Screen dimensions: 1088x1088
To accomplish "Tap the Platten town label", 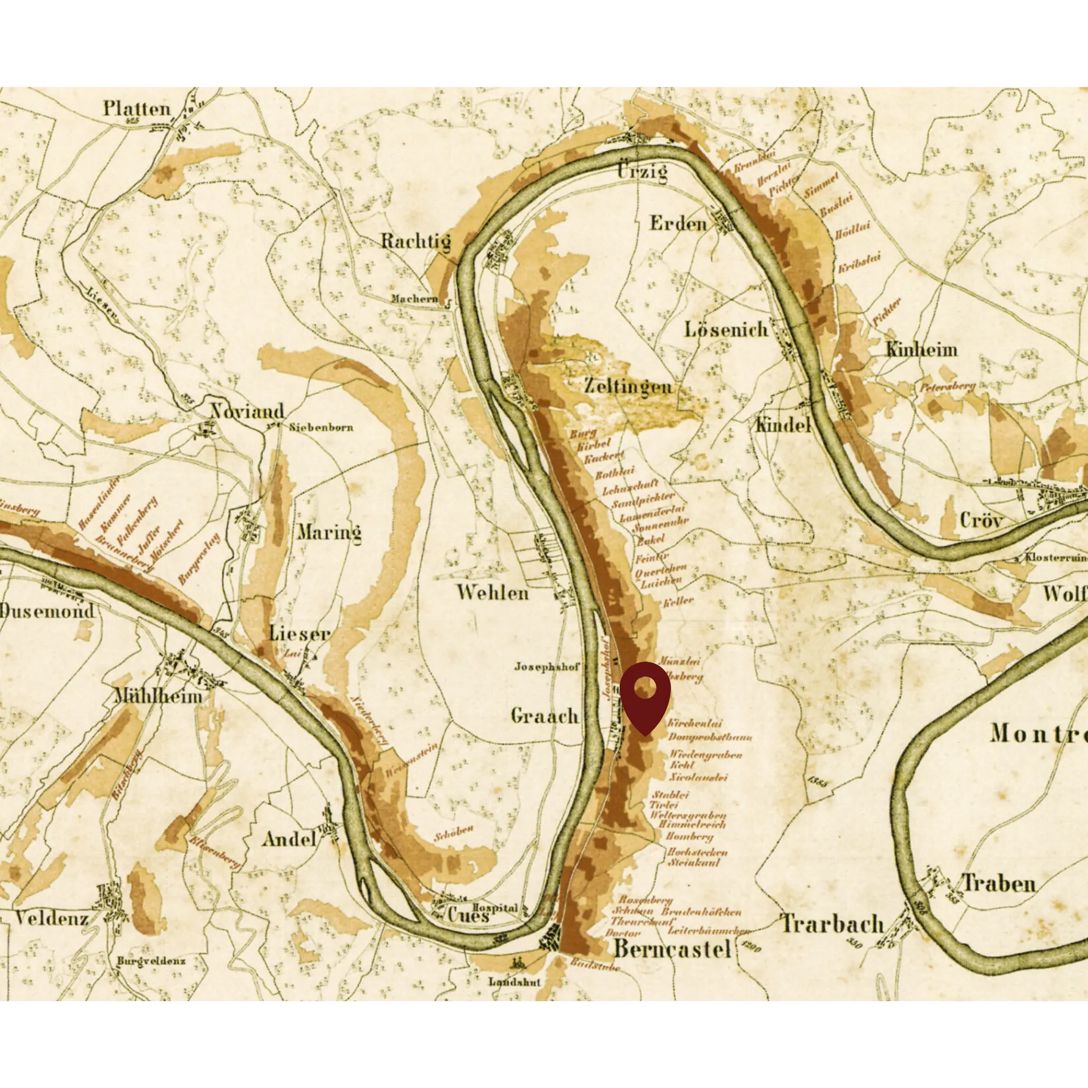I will [x=137, y=109].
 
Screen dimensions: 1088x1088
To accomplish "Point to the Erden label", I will [x=678, y=224].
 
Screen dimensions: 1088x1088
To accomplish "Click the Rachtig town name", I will [x=416, y=241].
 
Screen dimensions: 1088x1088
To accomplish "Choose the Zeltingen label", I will [x=627, y=386].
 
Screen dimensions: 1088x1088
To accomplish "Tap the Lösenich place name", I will [x=726, y=329].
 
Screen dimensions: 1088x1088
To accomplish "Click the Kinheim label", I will [x=921, y=350].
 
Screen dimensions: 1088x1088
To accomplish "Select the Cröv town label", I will [x=981, y=520].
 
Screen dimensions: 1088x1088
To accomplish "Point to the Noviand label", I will [x=247, y=411].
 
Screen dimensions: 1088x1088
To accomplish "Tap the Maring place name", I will [x=329, y=532].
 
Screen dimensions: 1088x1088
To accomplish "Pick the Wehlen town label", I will [x=492, y=592].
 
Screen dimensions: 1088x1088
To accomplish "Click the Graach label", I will [x=545, y=716].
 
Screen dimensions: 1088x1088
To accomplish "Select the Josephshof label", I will [x=546, y=667].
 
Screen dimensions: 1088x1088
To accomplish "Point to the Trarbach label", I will [x=832, y=924].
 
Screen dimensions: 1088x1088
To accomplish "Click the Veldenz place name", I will [x=51, y=919].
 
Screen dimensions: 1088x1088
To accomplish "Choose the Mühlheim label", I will [x=158, y=696].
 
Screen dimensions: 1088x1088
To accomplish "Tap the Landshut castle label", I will [x=514, y=981].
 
